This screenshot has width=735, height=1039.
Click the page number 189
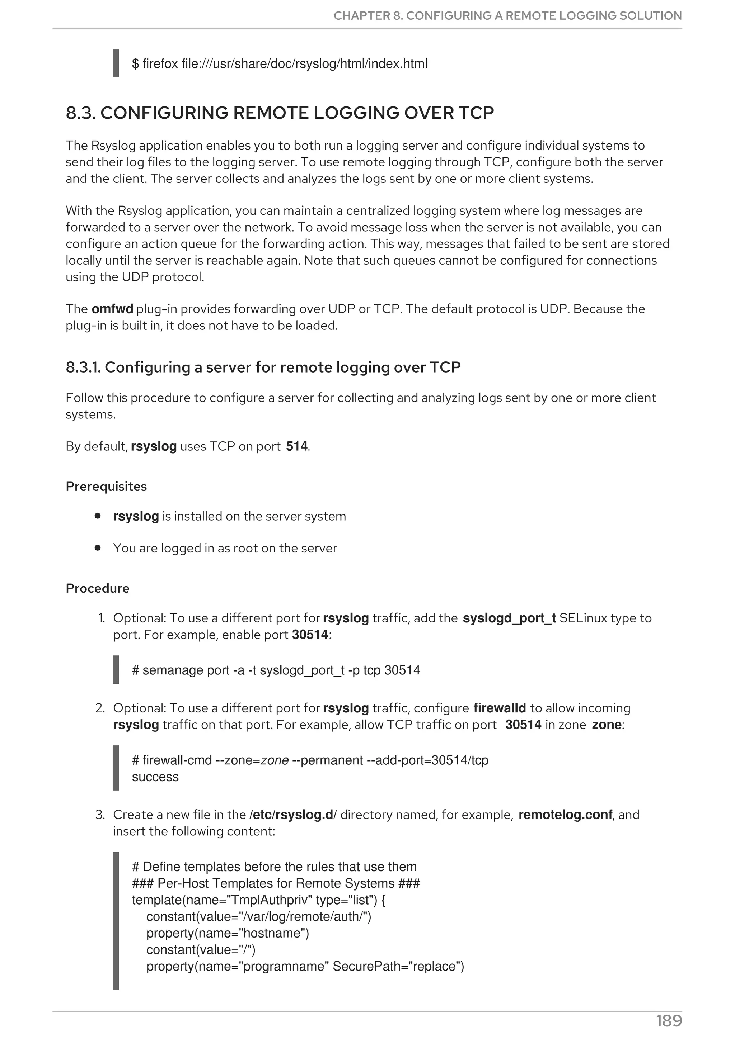coord(669,1021)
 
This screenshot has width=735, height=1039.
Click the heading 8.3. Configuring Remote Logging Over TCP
coord(280,113)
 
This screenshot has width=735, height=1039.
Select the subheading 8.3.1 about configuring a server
coord(263,367)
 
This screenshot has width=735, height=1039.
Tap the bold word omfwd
coord(112,309)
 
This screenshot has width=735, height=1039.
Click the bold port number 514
coord(297,447)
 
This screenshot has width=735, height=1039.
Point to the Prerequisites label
coord(106,487)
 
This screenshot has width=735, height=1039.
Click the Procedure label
coord(97,588)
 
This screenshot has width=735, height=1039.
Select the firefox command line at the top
coord(280,64)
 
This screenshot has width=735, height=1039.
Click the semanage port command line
coord(276,670)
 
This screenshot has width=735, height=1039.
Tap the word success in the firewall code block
coord(155,777)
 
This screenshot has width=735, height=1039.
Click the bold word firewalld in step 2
coord(500,708)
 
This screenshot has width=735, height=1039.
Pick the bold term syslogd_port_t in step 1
coord(509,618)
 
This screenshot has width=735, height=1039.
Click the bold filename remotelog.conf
coord(565,815)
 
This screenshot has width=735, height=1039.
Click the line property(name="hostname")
coord(227,933)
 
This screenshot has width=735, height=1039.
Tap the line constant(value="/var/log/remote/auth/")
coord(258,917)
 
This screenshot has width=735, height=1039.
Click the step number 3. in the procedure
coord(100,815)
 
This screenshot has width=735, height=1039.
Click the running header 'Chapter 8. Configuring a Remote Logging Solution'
coord(507,16)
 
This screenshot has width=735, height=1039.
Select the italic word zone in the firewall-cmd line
coord(275,760)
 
